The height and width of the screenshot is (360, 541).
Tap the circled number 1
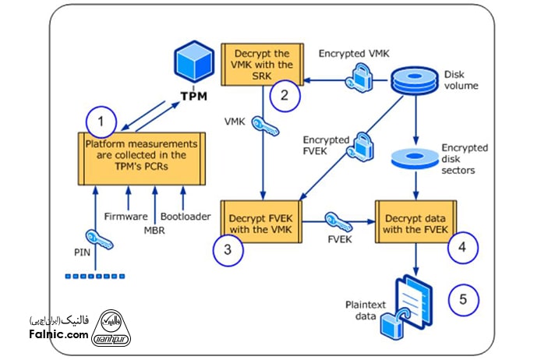(102, 122)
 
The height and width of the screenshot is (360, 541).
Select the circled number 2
(285, 96)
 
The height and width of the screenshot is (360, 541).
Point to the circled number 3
(226, 249)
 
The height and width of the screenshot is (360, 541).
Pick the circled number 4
(462, 249)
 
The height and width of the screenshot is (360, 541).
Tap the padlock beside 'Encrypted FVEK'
(363, 146)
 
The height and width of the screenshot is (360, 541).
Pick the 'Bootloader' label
(186, 216)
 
